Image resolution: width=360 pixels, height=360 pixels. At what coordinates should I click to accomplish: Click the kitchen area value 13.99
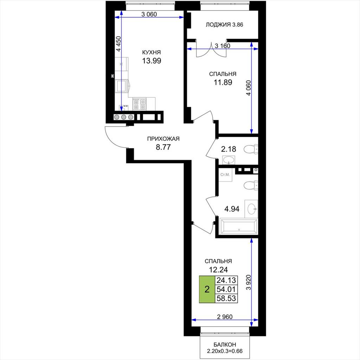pyautogui.click(x=152, y=61)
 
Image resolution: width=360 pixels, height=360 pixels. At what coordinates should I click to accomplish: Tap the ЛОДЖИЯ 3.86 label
pyautogui.click(x=224, y=25)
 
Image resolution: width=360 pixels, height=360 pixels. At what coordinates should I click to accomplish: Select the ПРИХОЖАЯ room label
pyautogui.click(x=163, y=139)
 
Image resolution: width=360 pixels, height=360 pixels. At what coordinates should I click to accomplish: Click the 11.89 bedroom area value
pyautogui.click(x=223, y=82)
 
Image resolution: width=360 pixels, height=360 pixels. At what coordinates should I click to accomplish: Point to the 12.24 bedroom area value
pyautogui.click(x=218, y=270)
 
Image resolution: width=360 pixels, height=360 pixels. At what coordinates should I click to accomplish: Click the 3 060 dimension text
pyautogui.click(x=149, y=14)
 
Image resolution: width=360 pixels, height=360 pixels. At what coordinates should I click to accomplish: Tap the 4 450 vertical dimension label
pyautogui.click(x=118, y=44)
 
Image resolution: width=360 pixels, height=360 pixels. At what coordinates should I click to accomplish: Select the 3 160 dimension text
pyautogui.click(x=223, y=46)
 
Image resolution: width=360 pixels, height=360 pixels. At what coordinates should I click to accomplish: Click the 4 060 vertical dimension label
pyautogui.click(x=249, y=88)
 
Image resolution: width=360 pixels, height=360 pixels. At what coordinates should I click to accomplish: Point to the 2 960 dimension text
pyautogui.click(x=225, y=317)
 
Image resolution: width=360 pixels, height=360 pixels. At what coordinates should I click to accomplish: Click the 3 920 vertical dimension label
pyautogui.click(x=248, y=282)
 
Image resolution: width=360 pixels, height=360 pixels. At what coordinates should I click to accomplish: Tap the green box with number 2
pyautogui.click(x=207, y=289)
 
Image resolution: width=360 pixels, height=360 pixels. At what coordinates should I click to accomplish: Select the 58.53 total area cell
pyautogui.click(x=226, y=298)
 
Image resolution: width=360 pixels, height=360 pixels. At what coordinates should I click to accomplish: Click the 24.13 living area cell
pyautogui.click(x=226, y=280)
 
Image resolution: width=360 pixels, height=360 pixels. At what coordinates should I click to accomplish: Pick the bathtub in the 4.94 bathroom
pyautogui.click(x=239, y=226)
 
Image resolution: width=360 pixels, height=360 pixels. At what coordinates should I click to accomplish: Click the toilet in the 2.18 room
pyautogui.click(x=251, y=149)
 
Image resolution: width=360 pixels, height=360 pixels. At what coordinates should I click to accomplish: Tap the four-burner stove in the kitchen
pyautogui.click(x=140, y=104)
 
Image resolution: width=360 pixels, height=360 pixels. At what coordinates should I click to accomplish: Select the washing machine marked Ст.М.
pyautogui.click(x=225, y=175)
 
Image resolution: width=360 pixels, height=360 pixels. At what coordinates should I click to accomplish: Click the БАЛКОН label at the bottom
pyautogui.click(x=225, y=345)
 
